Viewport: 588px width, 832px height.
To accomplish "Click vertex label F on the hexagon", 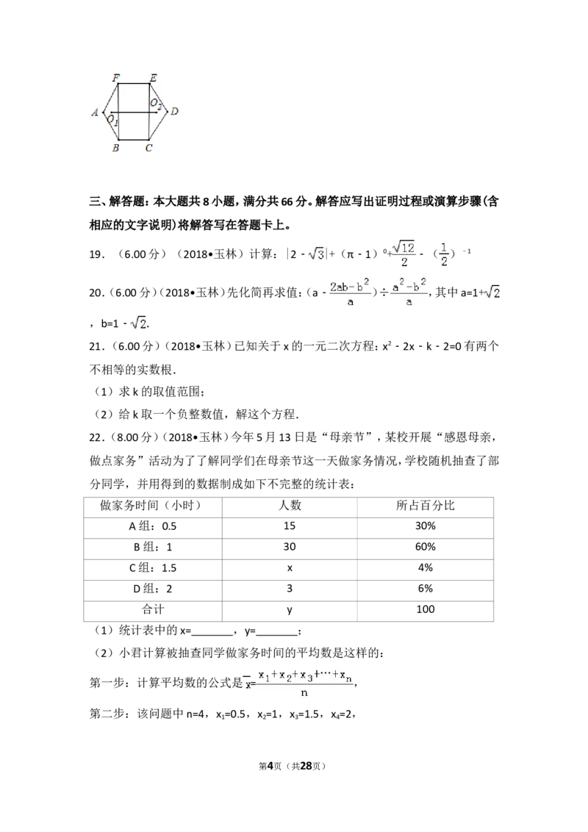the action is tap(115, 77).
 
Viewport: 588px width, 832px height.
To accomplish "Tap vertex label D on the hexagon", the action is tap(174, 112).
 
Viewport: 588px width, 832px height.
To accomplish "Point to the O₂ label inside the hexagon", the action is tap(155, 104).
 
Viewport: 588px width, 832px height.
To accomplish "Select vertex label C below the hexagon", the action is tap(148, 148).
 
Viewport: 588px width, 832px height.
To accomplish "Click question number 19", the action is tap(97, 255).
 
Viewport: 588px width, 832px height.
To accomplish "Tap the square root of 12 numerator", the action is tap(404, 248).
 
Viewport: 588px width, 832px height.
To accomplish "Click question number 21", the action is tap(97, 346).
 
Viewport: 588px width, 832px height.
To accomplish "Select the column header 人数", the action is tap(290, 506).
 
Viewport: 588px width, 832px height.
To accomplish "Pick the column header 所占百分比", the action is tap(425, 506).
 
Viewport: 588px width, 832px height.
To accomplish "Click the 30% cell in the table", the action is tap(425, 526).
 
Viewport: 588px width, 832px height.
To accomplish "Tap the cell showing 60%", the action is tap(425, 547).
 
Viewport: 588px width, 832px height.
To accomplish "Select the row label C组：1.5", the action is tap(153, 567).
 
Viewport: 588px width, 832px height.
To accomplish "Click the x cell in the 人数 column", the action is tap(290, 568).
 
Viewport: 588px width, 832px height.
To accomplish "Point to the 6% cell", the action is tap(425, 589).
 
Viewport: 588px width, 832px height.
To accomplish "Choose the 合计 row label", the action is tap(153, 609).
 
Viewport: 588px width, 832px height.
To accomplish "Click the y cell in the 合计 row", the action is tap(290, 610).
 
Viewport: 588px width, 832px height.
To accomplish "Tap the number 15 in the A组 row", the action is tap(290, 526).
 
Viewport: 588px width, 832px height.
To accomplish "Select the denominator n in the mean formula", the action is tap(304, 693).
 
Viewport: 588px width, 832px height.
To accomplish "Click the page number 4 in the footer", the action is tap(270, 766).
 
